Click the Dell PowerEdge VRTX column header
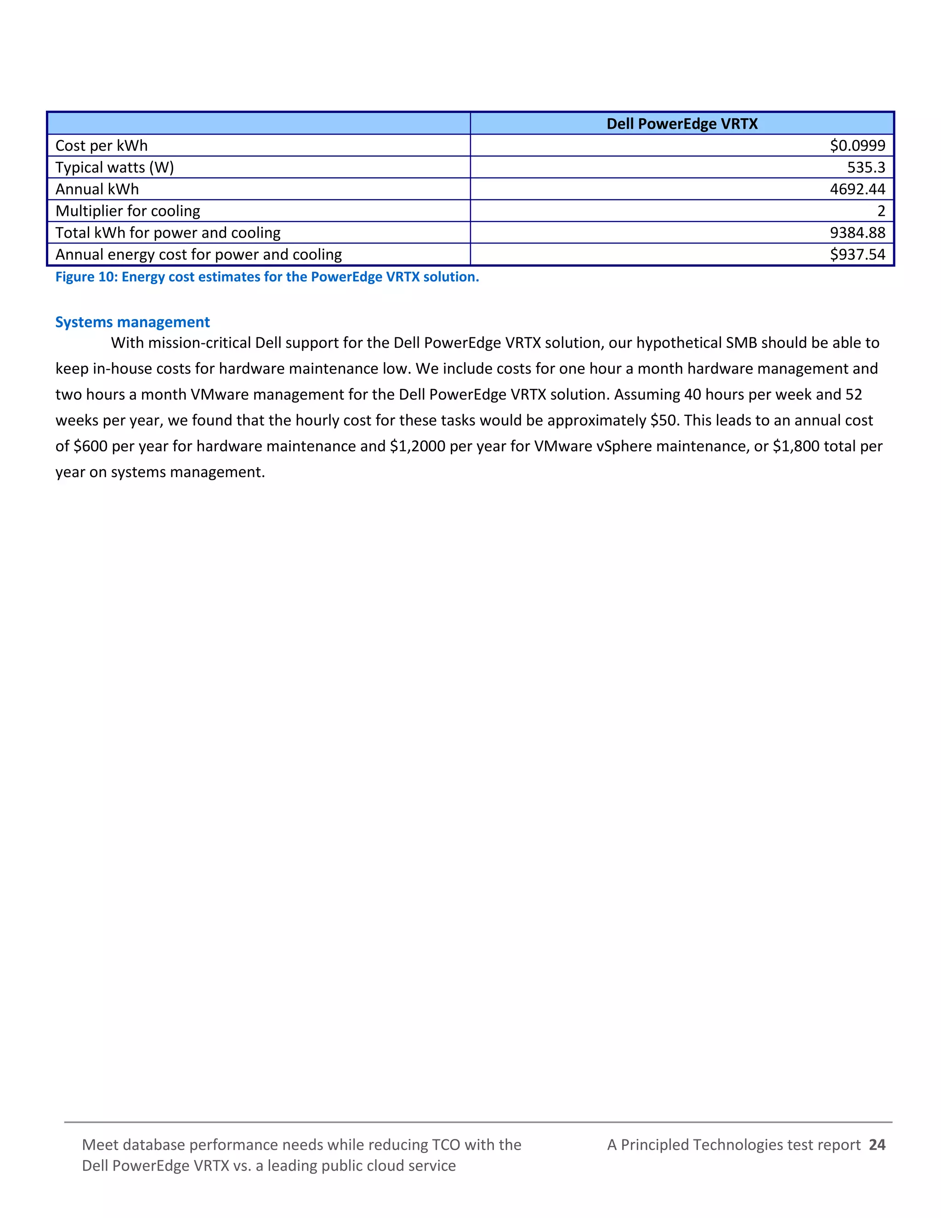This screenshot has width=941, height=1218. (x=681, y=124)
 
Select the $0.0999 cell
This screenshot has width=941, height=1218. (x=857, y=146)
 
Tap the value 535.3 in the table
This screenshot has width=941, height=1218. (x=866, y=167)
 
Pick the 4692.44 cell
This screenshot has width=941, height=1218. (x=857, y=189)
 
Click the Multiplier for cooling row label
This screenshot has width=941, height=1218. (x=128, y=211)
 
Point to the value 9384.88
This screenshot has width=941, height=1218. (x=857, y=233)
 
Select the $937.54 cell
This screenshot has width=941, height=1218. (x=857, y=254)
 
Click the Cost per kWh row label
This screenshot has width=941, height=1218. (x=102, y=146)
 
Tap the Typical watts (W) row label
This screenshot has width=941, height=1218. (x=114, y=167)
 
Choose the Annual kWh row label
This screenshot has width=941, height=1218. (x=97, y=189)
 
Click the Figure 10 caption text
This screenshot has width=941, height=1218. (x=267, y=277)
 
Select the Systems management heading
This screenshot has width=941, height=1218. (x=132, y=322)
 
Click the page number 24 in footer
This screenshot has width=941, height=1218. (x=877, y=1144)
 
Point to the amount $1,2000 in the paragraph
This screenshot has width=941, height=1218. (x=417, y=446)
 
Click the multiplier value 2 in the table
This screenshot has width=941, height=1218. (x=881, y=211)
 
